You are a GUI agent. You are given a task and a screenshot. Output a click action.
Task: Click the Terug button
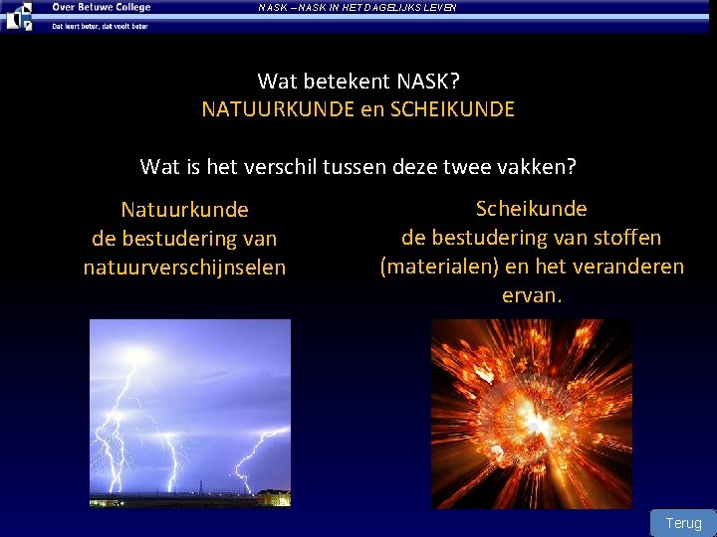pyautogui.click(x=683, y=523)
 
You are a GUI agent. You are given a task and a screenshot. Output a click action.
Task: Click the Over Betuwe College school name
pyautogui.click(x=101, y=8)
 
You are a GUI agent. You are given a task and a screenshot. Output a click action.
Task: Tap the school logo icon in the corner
pyautogui.click(x=19, y=15)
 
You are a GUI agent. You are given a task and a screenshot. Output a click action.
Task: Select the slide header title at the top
pyautogui.click(x=357, y=8)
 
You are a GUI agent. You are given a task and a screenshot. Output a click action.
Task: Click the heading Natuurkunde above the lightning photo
pyautogui.click(x=184, y=210)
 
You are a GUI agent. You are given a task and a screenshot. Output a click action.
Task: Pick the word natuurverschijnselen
pyautogui.click(x=184, y=268)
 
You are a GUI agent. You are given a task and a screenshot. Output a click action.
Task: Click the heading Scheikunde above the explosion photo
pyautogui.click(x=531, y=209)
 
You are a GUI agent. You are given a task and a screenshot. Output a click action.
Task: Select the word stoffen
pyautogui.click(x=625, y=238)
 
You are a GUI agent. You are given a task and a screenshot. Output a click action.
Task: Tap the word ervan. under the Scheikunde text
pyautogui.click(x=531, y=295)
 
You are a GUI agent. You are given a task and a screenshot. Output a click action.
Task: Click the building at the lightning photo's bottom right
pyautogui.click(x=273, y=496)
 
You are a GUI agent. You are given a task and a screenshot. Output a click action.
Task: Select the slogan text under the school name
pyautogui.click(x=100, y=26)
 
